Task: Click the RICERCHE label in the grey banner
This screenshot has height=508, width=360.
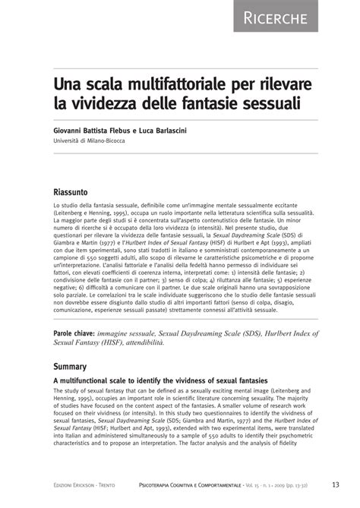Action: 307,17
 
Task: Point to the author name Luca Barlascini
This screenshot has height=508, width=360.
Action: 178,131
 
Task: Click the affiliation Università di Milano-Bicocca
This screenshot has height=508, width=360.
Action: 95,141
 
